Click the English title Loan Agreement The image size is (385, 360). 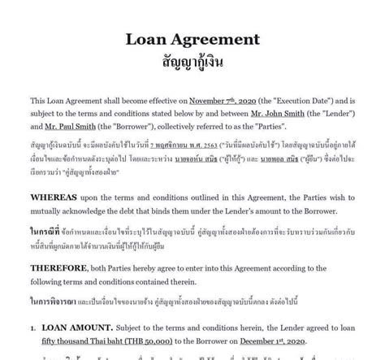coord(192,39)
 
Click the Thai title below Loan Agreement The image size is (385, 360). coord(192,61)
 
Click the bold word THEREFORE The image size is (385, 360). coord(59,268)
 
